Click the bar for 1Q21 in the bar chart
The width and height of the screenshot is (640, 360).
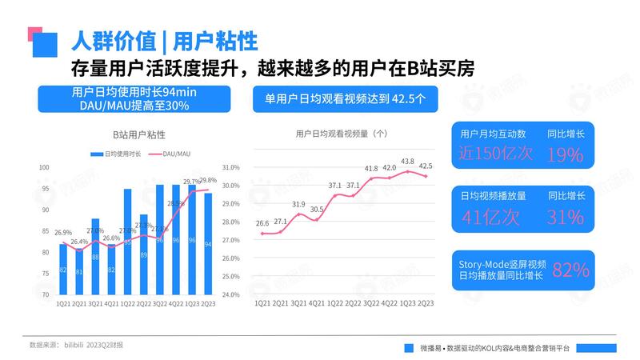pyautogui.click(x=63, y=270)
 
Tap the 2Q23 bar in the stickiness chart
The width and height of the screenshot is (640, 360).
pyautogui.click(x=207, y=244)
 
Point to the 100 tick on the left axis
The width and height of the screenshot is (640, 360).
pyautogui.click(x=45, y=167)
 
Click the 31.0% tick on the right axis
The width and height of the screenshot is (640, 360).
pyautogui.click(x=230, y=167)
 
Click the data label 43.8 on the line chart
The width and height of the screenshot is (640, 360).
pyautogui.click(x=407, y=162)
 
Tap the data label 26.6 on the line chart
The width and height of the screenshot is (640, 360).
pyautogui.click(x=262, y=224)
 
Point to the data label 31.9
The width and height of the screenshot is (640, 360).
pyautogui.click(x=298, y=205)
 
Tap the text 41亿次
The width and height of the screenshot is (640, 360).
pyautogui.click(x=490, y=216)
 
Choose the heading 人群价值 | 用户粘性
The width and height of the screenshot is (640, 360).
pyautogui.click(x=164, y=40)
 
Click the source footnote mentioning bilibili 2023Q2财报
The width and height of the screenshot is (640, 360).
pyautogui.click(x=76, y=345)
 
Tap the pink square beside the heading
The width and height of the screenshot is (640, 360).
pyautogui.click(x=34, y=33)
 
